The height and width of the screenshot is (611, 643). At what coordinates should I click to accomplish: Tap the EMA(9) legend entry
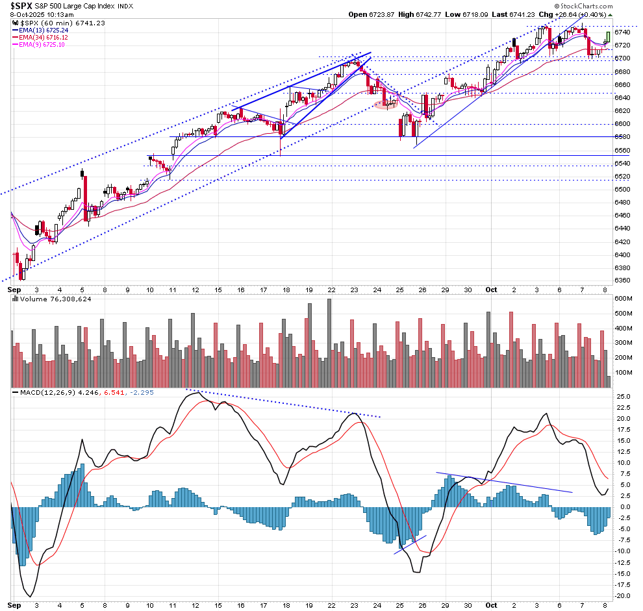pos(46,45)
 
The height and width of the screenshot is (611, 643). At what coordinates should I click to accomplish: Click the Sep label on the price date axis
pos(14,290)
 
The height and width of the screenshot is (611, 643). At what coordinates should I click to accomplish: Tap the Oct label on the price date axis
pos(491,290)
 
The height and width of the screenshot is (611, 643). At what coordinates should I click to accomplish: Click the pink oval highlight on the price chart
pos(384,105)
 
